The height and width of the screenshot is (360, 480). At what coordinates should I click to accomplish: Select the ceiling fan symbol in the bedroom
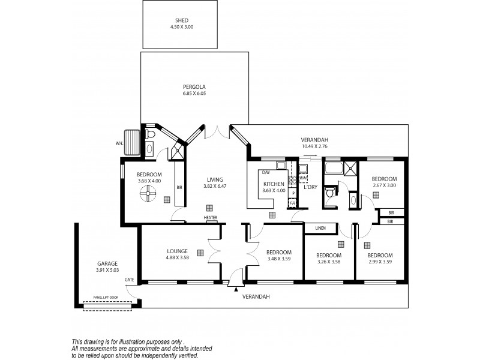click(x=146, y=194)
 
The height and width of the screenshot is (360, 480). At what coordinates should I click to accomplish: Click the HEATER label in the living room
click(x=210, y=218)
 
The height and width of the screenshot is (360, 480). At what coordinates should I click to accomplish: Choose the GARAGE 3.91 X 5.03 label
click(x=107, y=267)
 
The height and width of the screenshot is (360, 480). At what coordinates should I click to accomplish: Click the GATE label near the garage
click(x=129, y=280)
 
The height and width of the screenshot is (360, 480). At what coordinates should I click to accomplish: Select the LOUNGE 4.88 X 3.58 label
click(x=178, y=254)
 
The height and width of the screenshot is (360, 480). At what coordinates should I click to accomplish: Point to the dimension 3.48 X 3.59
click(x=279, y=259)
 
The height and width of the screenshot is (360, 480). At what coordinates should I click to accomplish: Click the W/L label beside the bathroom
click(x=119, y=143)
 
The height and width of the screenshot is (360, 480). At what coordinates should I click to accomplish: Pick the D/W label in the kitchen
click(x=266, y=172)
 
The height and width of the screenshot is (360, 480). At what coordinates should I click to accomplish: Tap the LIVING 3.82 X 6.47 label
click(x=215, y=183)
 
